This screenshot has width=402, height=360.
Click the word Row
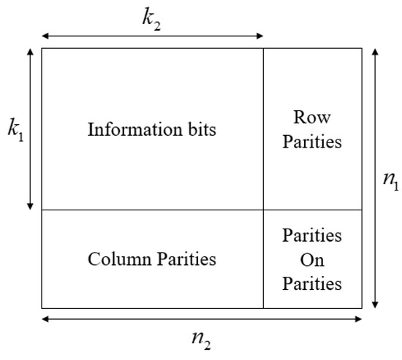(312, 116)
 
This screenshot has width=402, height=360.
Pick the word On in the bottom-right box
(312, 259)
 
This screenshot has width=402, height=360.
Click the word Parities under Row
(312, 141)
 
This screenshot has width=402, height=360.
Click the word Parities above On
(312, 236)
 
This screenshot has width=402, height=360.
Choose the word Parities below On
(312, 283)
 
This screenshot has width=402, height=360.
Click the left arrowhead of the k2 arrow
(44, 35)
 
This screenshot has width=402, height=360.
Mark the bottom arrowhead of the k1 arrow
(29, 207)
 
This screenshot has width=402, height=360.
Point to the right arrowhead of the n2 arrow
(360, 319)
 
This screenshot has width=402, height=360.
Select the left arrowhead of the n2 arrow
(44, 319)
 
